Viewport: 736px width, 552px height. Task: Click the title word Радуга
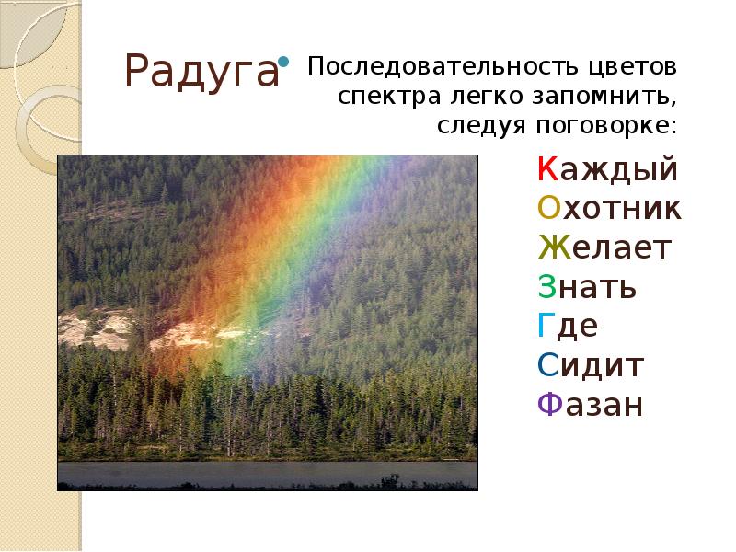tap(201, 71)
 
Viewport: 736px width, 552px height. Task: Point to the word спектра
tap(378, 97)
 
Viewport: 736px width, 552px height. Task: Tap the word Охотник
tap(609, 210)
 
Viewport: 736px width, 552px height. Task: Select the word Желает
tap(604, 248)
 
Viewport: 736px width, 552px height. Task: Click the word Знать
tap(586, 288)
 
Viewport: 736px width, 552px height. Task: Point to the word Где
tap(566, 327)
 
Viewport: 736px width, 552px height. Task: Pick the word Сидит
tap(589, 366)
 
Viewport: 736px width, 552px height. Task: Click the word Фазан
tap(589, 405)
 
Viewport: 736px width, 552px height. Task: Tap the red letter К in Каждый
tap(545, 170)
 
